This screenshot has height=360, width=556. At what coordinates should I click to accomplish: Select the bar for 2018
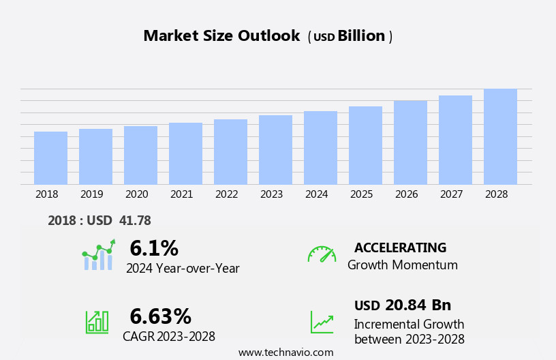tap(50, 157)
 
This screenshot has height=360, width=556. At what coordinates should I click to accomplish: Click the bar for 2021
tap(185, 153)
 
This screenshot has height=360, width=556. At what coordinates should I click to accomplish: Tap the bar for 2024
tap(320, 147)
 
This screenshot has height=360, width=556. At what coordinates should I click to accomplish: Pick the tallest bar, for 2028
tap(500, 136)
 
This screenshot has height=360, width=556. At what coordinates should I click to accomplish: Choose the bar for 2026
tap(410, 142)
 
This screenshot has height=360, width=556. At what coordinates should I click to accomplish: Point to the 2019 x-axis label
tap(92, 194)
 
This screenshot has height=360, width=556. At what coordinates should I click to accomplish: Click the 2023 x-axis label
tap(271, 194)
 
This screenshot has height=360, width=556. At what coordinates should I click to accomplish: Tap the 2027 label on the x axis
tap(451, 194)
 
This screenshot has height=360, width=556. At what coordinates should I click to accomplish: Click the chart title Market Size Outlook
tap(221, 36)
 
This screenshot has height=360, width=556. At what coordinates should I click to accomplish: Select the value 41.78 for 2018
tap(135, 220)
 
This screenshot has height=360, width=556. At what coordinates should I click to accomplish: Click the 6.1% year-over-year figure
tap(154, 247)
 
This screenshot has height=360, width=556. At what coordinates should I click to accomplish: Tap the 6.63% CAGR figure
tap(161, 316)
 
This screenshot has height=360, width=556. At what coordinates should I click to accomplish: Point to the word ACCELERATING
tap(400, 248)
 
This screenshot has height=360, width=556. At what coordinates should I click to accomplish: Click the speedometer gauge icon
tap(322, 254)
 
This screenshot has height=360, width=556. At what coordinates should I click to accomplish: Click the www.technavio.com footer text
tap(285, 352)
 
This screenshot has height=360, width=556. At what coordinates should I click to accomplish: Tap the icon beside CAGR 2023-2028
tap(97, 321)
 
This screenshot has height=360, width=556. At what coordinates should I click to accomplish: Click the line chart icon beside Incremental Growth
tap(322, 322)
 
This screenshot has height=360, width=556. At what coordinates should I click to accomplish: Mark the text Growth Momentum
tap(402, 265)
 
